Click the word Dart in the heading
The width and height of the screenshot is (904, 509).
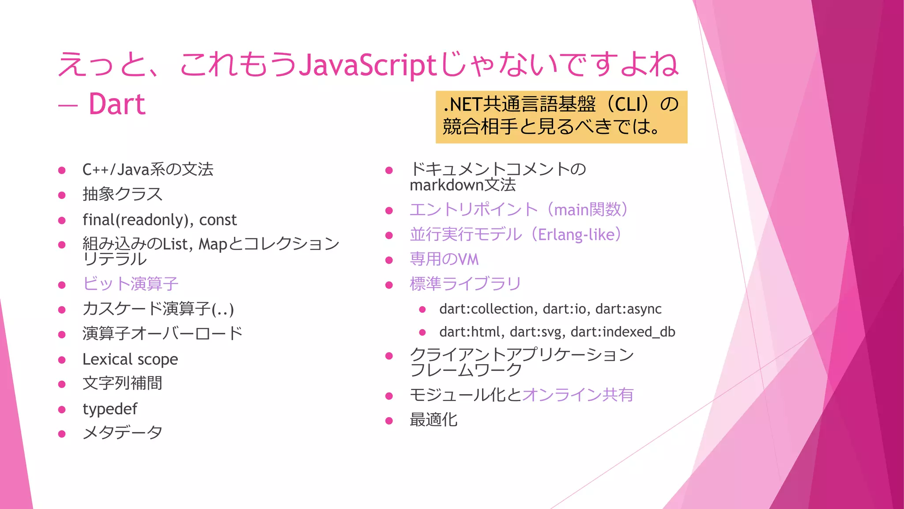tap(117, 104)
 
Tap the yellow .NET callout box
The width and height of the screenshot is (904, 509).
tap(561, 117)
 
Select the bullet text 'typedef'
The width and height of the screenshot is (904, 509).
tap(110, 409)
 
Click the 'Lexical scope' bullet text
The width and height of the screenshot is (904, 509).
tap(130, 359)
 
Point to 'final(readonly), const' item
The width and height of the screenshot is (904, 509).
tap(159, 220)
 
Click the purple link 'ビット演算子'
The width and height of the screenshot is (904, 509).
tap(130, 284)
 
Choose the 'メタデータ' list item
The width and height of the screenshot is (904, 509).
tap(122, 433)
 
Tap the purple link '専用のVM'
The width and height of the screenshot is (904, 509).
tap(444, 259)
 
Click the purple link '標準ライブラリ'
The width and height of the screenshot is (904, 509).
tap(465, 284)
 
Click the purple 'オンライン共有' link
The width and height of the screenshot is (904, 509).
tap(578, 395)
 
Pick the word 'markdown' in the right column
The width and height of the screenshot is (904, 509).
tap(446, 185)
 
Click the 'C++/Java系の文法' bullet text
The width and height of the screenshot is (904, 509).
tap(148, 170)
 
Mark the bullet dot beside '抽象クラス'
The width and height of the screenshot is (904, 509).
tap(62, 195)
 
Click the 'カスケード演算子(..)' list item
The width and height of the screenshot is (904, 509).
tap(158, 309)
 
